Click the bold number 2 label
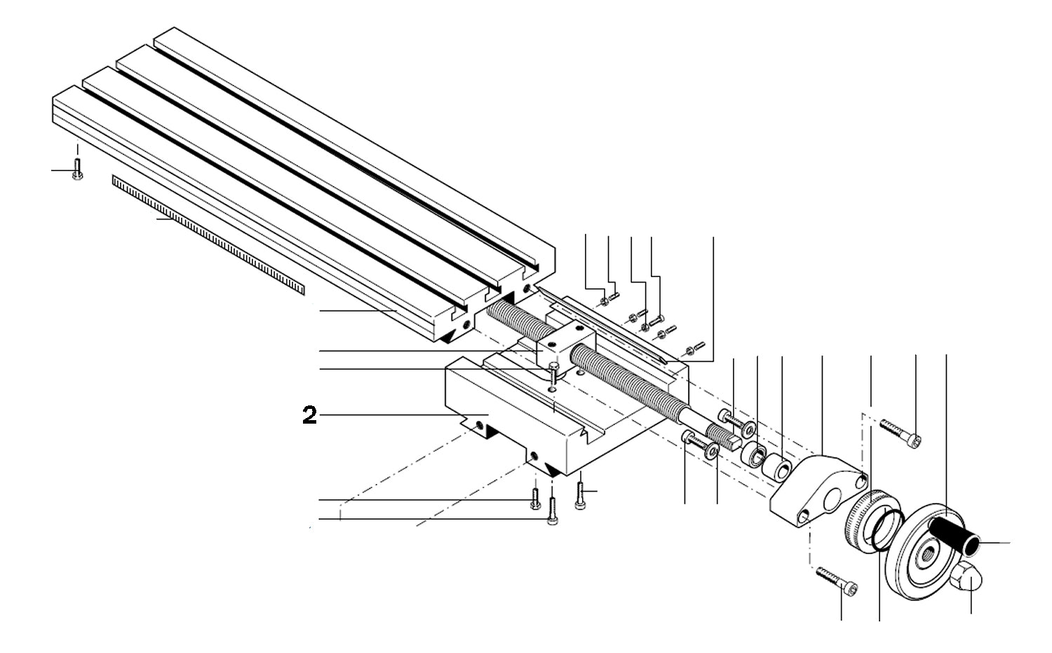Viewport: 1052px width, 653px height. pyautogui.click(x=309, y=415)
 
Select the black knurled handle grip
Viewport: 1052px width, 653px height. pyautogui.click(x=954, y=534)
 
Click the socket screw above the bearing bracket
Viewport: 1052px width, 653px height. pyautogui.click(x=900, y=433)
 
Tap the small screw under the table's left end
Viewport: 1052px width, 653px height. pyautogui.click(x=77, y=170)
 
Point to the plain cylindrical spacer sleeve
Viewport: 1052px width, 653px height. pyautogui.click(x=778, y=468)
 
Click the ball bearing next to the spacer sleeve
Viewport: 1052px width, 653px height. pyautogui.click(x=755, y=453)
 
